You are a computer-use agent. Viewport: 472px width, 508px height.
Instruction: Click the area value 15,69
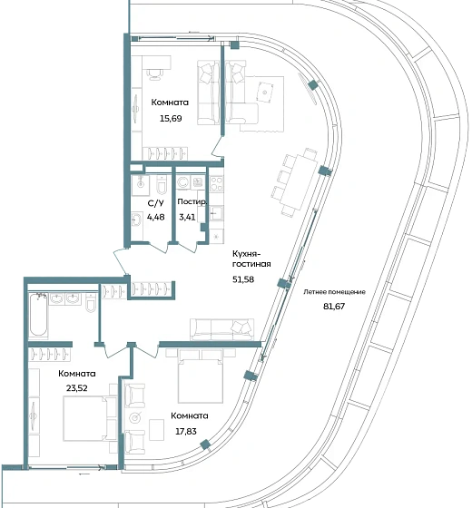171,119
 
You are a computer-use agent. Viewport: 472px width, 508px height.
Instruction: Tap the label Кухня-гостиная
251,259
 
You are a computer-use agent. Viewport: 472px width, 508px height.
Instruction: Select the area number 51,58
243,279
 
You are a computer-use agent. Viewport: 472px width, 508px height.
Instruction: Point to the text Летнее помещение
334,292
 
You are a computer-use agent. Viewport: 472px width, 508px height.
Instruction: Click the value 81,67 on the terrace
334,307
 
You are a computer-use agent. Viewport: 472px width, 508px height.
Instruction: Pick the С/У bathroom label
155,203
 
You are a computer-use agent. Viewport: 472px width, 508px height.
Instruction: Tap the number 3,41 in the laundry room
187,217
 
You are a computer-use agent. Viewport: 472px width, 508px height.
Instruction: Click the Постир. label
192,201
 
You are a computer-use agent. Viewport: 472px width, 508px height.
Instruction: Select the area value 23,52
77,388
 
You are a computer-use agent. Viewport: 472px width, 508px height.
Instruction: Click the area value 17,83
186,432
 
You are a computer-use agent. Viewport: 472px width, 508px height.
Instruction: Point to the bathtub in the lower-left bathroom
38,314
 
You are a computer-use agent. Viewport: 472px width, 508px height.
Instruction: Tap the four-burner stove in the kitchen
217,183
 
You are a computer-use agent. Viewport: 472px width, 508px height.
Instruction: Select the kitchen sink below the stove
216,213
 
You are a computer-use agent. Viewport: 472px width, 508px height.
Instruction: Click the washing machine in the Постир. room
183,182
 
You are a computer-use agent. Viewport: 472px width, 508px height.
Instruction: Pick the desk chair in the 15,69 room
154,74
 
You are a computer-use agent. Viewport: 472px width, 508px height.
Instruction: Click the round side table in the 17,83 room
135,418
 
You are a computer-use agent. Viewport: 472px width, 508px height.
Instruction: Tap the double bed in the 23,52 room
86,419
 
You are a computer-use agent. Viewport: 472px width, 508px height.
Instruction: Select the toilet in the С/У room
162,185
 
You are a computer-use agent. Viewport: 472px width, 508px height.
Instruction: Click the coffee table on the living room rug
265,93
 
